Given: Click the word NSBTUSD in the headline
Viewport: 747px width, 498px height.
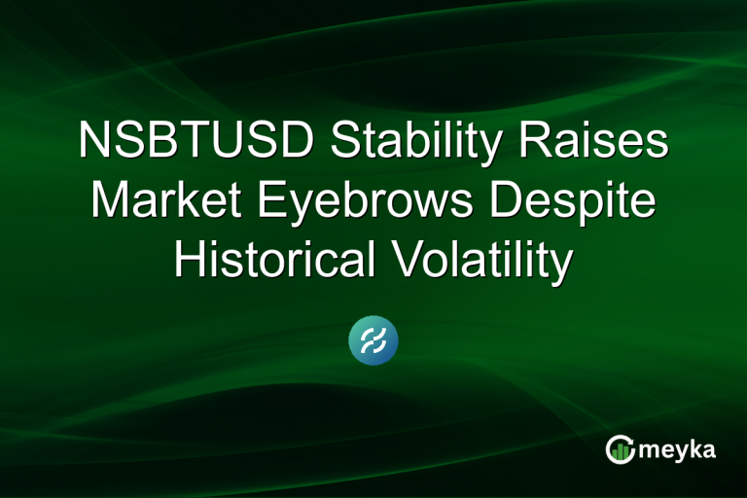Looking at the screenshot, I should click(x=196, y=142).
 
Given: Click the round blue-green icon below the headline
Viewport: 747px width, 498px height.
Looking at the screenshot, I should click(x=373, y=341).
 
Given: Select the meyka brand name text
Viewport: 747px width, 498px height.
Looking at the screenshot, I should click(x=678, y=449).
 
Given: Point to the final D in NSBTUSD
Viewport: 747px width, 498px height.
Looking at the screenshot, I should click(x=298, y=142).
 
